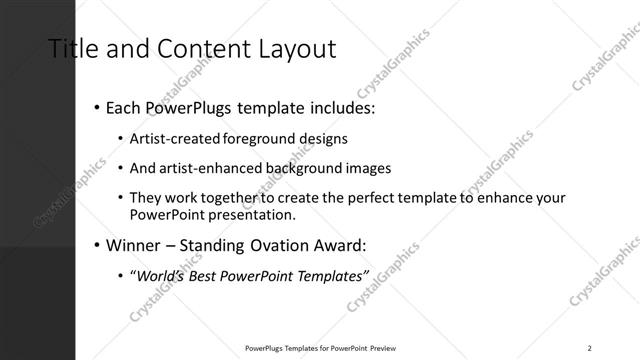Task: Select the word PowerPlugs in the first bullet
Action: click(185, 106)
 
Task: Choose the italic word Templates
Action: click(330, 275)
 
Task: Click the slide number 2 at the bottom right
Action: click(589, 348)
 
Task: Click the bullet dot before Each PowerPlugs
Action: click(95, 107)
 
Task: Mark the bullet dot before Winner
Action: click(95, 245)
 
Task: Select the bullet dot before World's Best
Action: click(121, 276)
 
